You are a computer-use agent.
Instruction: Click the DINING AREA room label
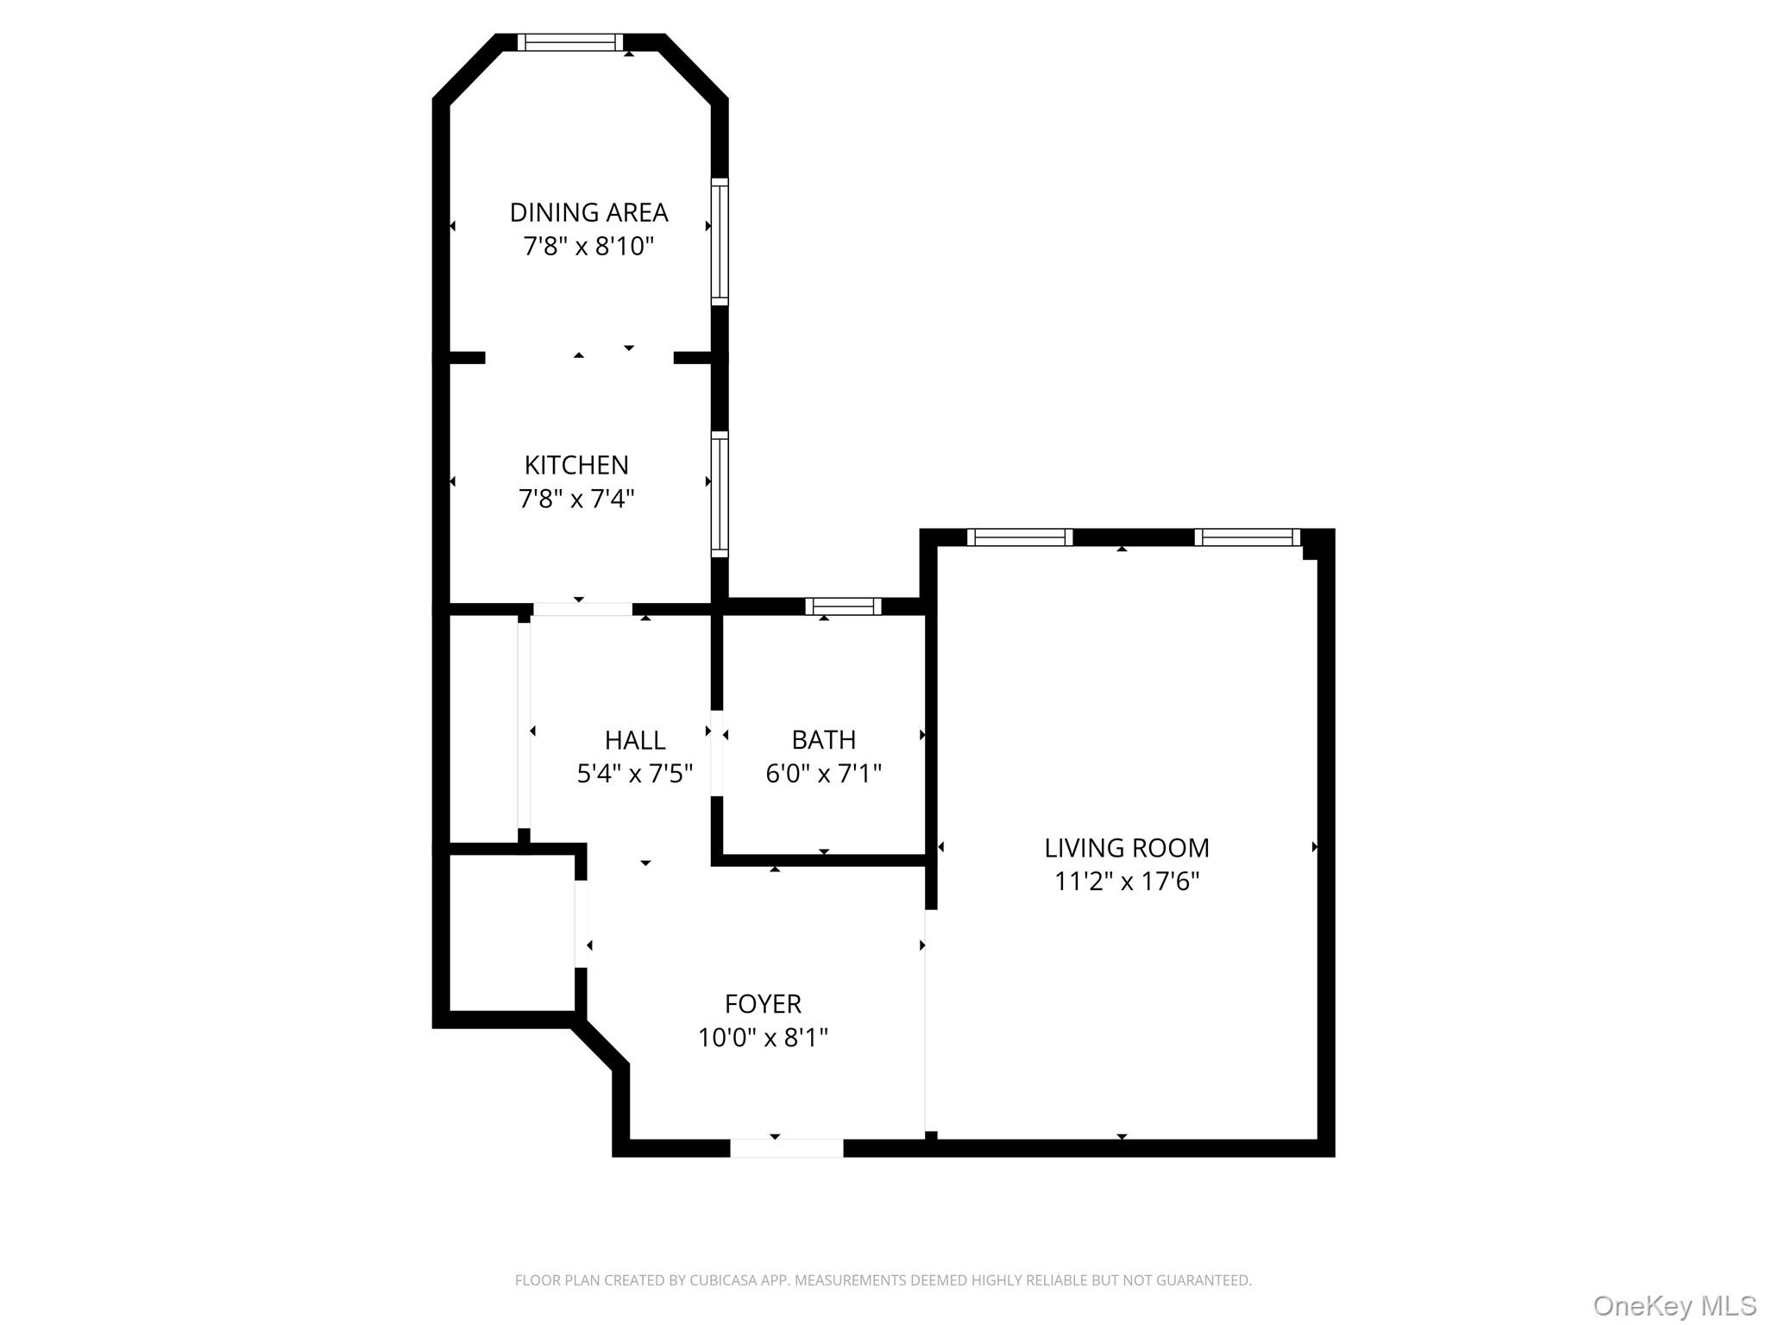588,212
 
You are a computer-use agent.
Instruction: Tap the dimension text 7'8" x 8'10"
588,247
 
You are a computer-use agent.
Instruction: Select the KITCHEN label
576,465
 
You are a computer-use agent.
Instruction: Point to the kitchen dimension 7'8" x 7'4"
576,499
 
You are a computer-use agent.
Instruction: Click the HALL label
635,740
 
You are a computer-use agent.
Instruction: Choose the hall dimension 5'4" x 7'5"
635,774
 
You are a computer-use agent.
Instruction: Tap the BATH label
824,739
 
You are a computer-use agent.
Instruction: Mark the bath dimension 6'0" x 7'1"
824,773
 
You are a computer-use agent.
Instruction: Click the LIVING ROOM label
1127,848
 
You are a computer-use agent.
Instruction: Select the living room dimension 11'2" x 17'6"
1127,882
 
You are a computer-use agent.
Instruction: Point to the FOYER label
763,1003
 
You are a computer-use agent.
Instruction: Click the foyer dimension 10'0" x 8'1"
763,1037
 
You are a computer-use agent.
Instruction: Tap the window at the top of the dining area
569,42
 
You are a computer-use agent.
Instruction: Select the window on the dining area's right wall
720,242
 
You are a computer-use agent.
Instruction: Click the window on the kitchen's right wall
720,494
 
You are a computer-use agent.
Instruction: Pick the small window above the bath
843,606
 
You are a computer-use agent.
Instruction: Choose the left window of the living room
1019,537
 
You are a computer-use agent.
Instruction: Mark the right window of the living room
1247,537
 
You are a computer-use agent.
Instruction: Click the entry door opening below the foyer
786,1148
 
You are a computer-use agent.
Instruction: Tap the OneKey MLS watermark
1674,1305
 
